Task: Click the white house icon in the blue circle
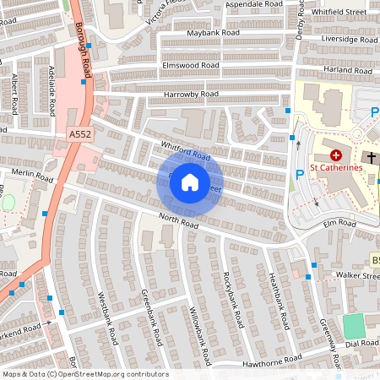pyautogui.click(x=190, y=182)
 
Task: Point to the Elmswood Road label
pyautogui.click(x=190, y=64)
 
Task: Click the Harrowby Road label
pyautogui.click(x=191, y=94)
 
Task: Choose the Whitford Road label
pyautogui.click(x=183, y=150)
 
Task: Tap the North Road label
pyautogui.click(x=178, y=221)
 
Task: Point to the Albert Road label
pyautogui.click(x=14, y=94)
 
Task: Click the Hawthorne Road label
pyautogui.click(x=267, y=362)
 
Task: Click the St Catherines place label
pyautogui.click(x=335, y=167)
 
